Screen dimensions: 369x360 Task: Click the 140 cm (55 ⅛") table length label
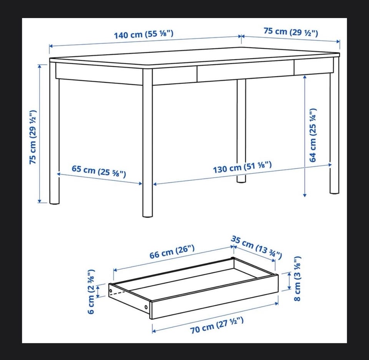(x=143, y=34)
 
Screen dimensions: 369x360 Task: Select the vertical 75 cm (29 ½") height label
(x=33, y=137)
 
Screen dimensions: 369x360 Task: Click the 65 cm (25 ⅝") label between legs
(x=99, y=171)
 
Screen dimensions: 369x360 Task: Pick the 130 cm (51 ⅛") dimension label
(x=243, y=167)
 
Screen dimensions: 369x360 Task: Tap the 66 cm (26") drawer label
(x=172, y=252)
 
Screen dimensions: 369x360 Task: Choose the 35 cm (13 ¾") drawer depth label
(x=256, y=247)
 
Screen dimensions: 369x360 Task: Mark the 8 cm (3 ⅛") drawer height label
(x=298, y=279)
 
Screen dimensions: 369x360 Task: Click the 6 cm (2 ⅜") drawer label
(x=91, y=292)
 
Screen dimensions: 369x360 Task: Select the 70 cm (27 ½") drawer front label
(x=217, y=325)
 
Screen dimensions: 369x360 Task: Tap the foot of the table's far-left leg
(x=54, y=201)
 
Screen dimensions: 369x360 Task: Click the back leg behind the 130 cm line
(x=241, y=131)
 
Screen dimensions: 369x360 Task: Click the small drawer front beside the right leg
(x=314, y=67)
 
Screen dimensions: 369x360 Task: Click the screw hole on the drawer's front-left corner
(x=146, y=307)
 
